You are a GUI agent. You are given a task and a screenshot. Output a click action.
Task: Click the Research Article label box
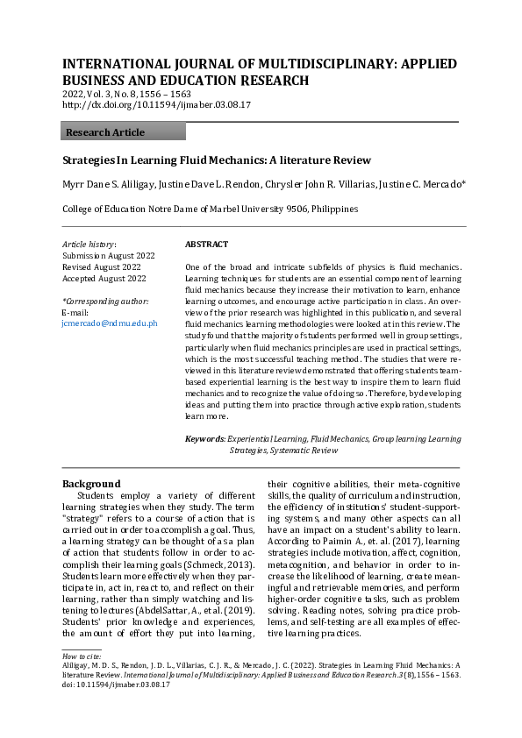click(123, 132)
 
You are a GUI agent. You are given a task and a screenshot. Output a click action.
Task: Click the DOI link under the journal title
click(157, 104)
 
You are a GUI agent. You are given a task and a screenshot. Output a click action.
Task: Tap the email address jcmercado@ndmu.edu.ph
click(110, 323)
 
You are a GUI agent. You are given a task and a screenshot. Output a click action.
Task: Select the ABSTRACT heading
click(207, 245)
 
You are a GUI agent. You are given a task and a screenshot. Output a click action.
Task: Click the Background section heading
click(91, 483)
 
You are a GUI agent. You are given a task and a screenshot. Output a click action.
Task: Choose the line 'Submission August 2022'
click(108, 256)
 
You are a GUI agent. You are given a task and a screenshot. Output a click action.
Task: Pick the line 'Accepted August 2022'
click(104, 279)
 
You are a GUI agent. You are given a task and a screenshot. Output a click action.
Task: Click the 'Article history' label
click(89, 245)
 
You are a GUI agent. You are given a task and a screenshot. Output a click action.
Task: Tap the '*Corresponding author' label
click(105, 301)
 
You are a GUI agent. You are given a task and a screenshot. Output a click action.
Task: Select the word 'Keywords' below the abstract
click(204, 438)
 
